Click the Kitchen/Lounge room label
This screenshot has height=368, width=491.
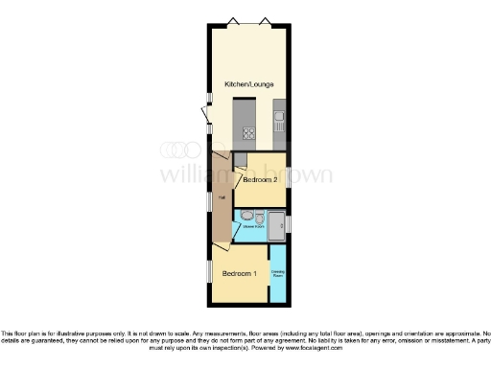247,84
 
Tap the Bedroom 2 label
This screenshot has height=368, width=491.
259,179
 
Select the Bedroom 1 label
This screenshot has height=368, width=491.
240,274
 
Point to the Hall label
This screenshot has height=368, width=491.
222,198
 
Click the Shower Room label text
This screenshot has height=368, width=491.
253,227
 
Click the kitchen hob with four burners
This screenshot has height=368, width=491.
248,134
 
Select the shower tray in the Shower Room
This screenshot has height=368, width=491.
275,226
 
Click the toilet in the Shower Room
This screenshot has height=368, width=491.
247,217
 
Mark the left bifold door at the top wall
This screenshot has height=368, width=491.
231,19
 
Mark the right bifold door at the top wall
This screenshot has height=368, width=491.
266,19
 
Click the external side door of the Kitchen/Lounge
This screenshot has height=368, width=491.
204,115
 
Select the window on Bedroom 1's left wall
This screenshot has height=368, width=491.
209,272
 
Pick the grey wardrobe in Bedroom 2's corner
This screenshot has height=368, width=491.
241,158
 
